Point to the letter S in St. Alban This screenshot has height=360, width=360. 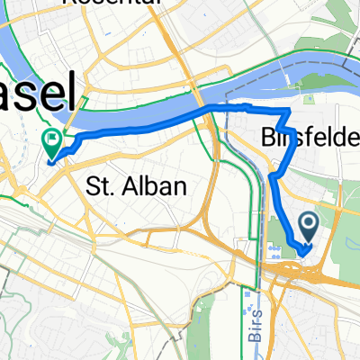click(x=92, y=187)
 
